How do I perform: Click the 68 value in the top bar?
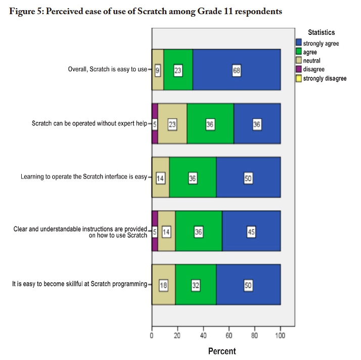coord(236,70)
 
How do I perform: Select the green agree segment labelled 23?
coord(178,70)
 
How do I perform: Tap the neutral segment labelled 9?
coord(157,70)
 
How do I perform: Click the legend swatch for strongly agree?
coord(299,43)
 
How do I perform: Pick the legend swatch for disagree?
coord(299,69)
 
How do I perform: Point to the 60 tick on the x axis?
coord(229,335)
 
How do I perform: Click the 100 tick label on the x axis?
coord(281,335)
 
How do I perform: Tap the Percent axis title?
coord(222,351)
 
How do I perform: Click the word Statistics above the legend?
coord(321,32)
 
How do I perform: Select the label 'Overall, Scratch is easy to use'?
coord(107,70)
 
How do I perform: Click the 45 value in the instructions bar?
coord(251,231)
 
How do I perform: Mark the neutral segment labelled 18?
coord(163,285)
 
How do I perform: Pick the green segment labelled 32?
coord(196,285)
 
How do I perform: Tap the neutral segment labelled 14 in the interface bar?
coord(160,178)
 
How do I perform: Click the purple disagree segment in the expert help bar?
coord(155,124)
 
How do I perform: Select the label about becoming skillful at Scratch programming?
coord(79,285)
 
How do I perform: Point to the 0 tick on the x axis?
coord(152,335)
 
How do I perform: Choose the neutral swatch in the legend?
coord(299,61)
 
